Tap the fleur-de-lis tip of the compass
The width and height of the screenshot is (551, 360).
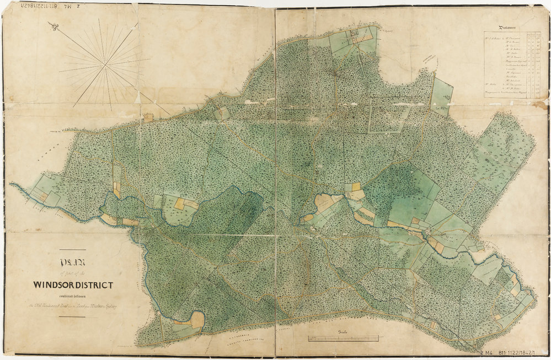[52, 25]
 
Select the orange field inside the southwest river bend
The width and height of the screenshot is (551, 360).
[196, 319]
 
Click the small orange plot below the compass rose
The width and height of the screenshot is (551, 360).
[148, 117]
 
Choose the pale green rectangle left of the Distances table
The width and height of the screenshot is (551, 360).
[441, 96]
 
